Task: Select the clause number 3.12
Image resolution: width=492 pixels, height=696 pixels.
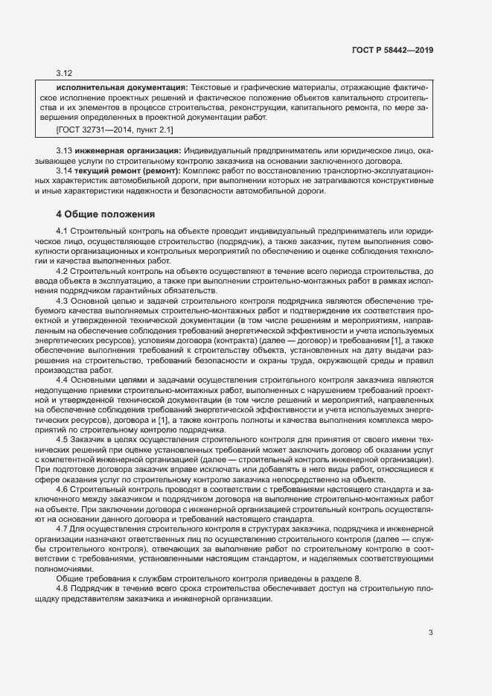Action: tap(63, 74)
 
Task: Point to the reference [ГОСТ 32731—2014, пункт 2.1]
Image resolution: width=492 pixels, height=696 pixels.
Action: tap(115, 130)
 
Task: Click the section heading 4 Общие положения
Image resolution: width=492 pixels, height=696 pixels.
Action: tap(105, 214)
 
